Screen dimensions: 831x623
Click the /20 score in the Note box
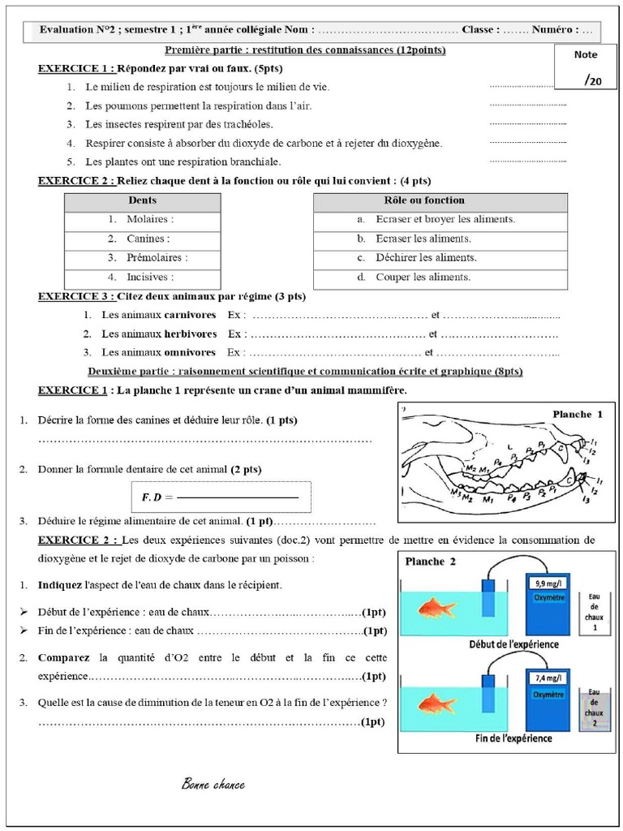(593, 80)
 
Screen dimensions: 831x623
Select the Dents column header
(142, 200)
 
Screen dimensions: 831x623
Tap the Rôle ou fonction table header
(440, 200)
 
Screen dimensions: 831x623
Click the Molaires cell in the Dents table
(142, 220)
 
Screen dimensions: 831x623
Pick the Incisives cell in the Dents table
(142, 278)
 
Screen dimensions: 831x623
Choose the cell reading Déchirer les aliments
(440, 258)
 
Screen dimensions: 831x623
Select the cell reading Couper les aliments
(440, 278)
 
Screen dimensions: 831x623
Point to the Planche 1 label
(578, 415)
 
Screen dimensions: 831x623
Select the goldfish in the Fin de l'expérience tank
(437, 703)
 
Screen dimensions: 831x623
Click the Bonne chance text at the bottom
(213, 785)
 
